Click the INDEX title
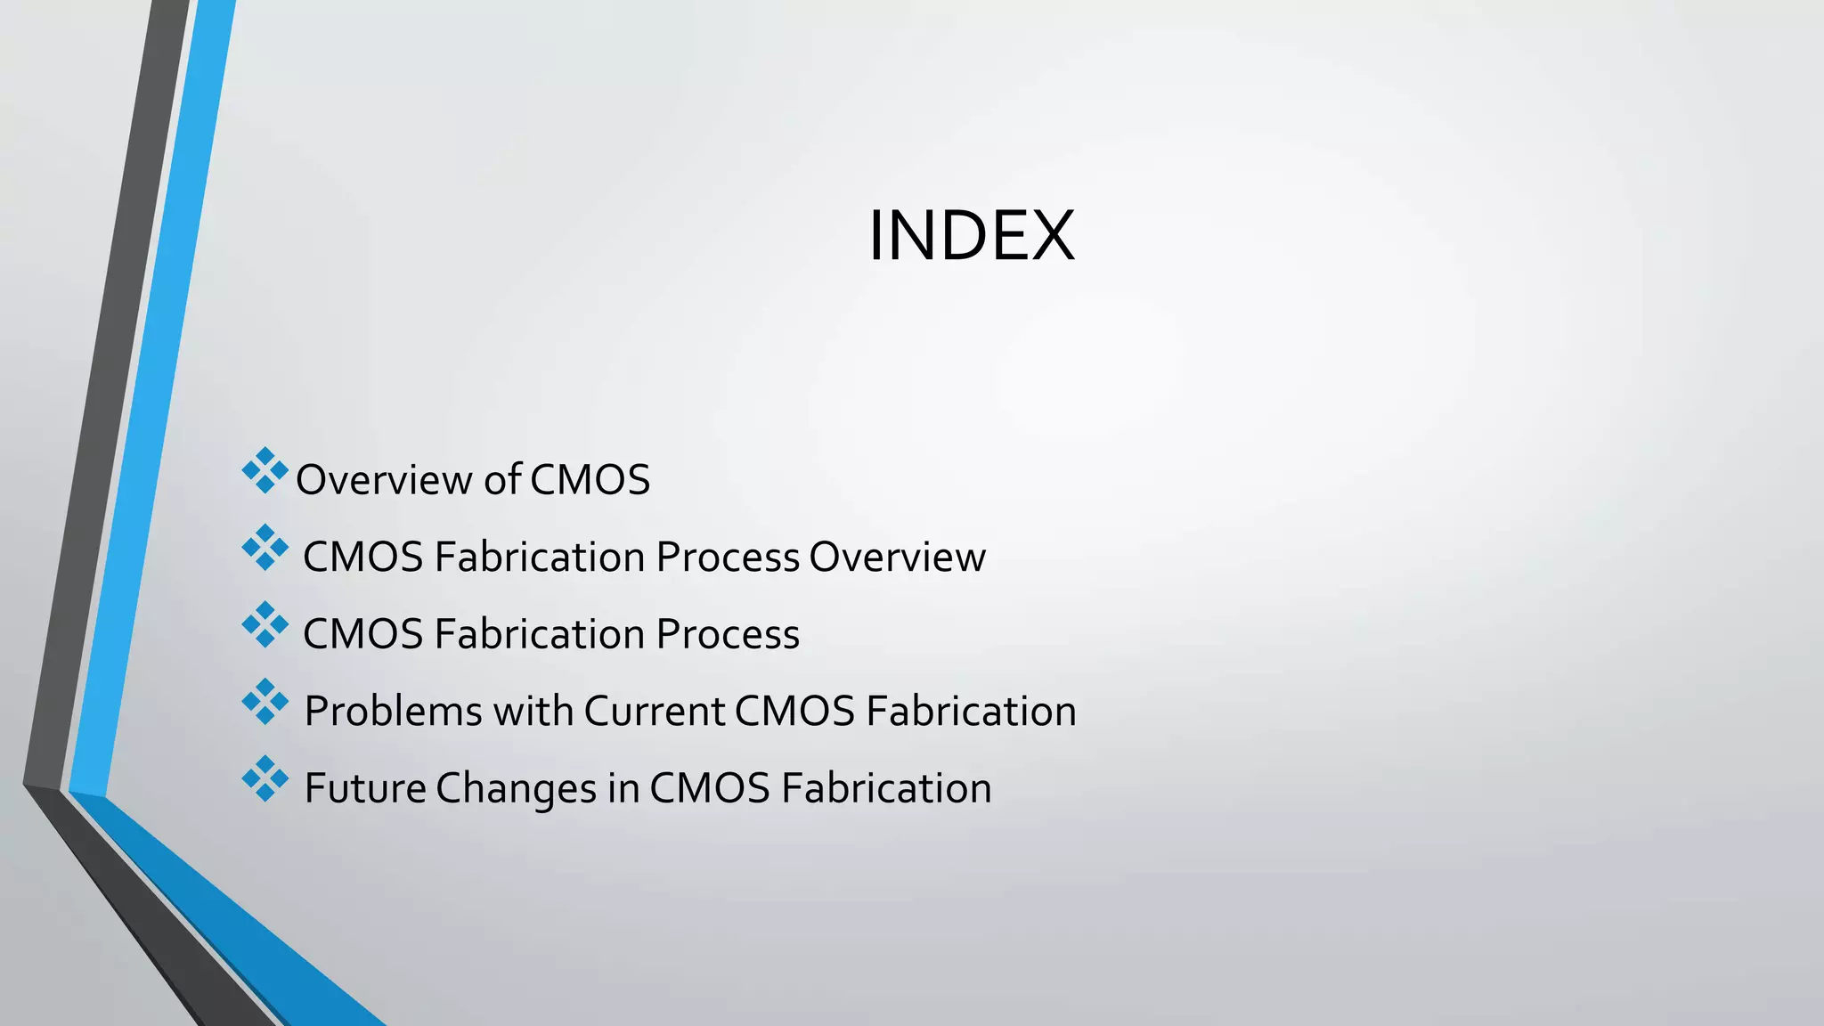[972, 236]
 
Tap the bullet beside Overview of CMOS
[265, 471]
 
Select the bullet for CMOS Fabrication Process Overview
[265, 548]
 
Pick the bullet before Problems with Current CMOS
[265, 702]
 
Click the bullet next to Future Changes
[265, 779]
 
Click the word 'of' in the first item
[502, 480]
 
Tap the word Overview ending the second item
[897, 558]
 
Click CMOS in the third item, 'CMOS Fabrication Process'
[362, 635]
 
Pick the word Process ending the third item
[728, 635]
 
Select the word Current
[654, 712]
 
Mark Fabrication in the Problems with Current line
[971, 712]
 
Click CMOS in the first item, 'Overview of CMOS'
[590, 480]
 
